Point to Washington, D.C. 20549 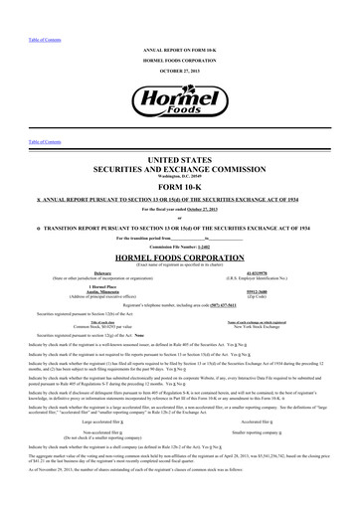coord(179,177)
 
